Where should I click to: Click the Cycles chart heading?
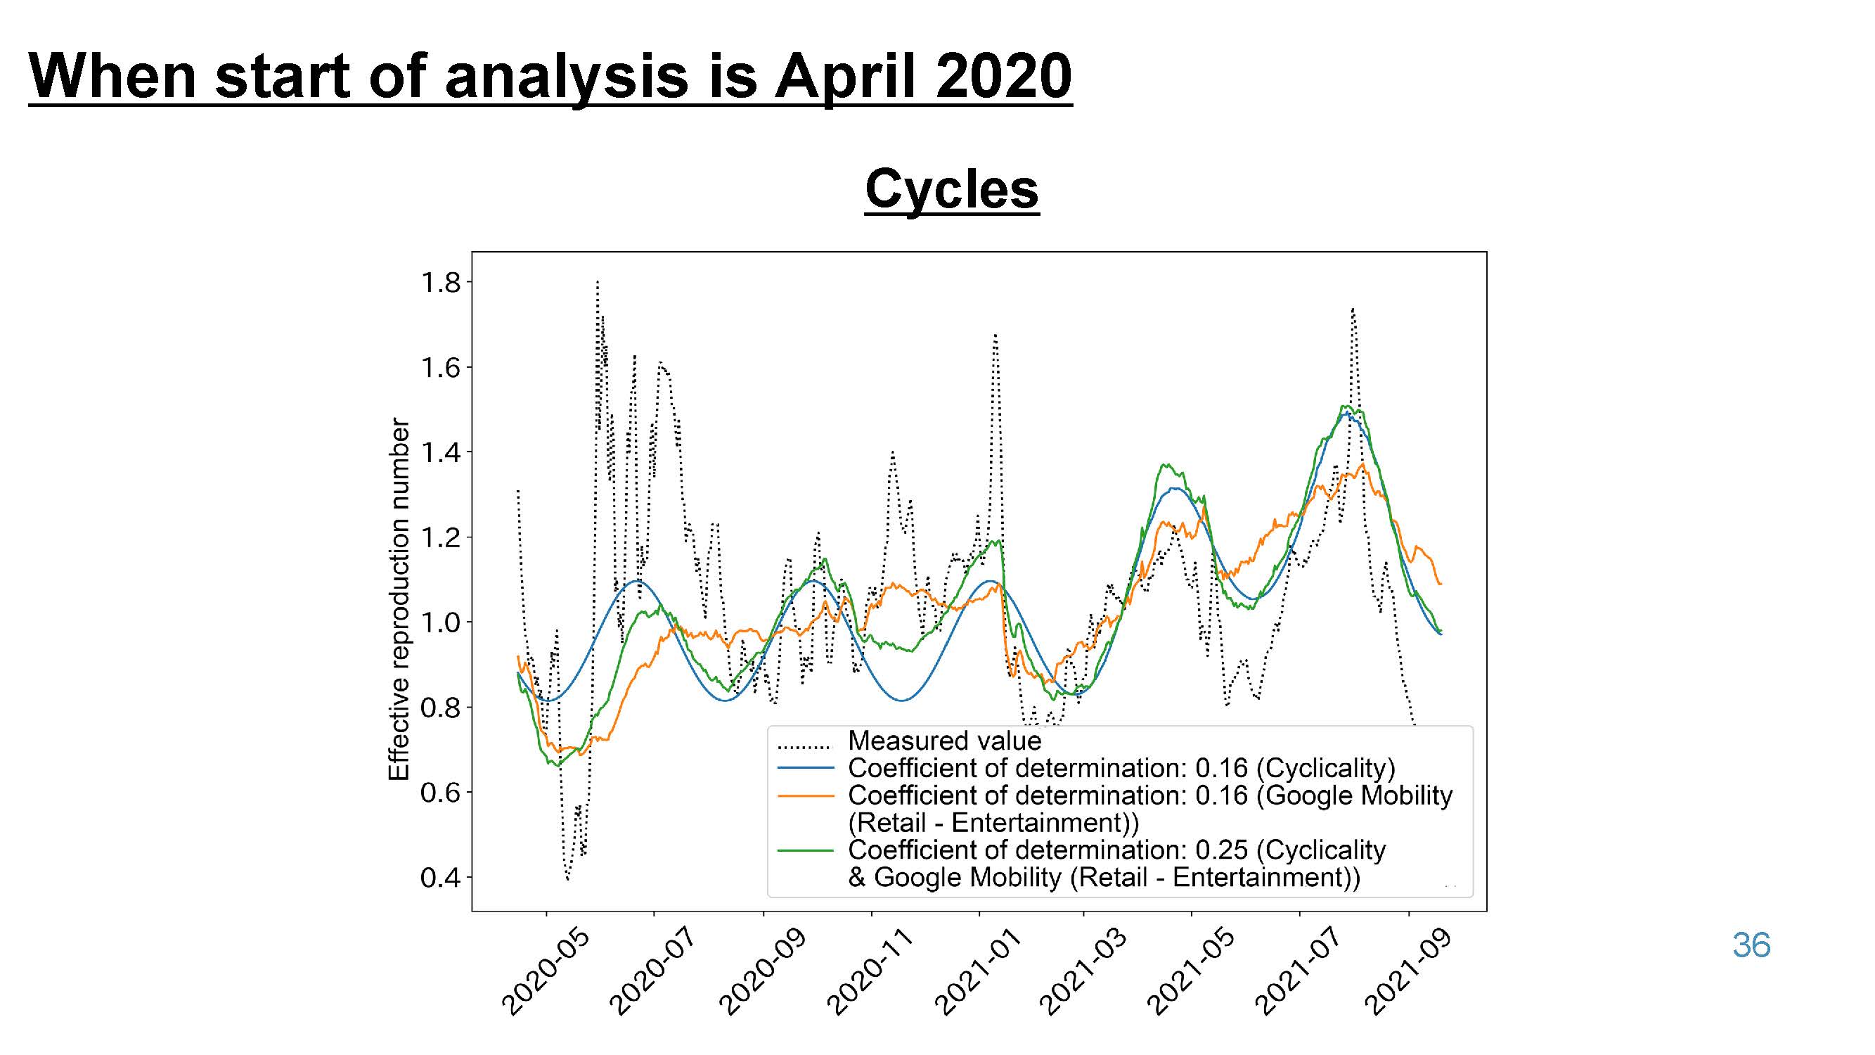tap(951, 189)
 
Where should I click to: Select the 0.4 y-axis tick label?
tap(441, 877)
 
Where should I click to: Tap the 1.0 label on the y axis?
tap(441, 622)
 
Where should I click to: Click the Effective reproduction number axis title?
tap(399, 599)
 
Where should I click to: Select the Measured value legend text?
tap(945, 741)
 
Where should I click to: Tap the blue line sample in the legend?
tap(805, 768)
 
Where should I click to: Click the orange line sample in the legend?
tap(805, 795)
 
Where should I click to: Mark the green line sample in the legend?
tap(805, 850)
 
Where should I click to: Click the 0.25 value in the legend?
tap(1221, 850)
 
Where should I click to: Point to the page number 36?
tap(1751, 945)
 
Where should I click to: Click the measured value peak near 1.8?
tap(597, 282)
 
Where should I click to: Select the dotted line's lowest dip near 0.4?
tap(567, 878)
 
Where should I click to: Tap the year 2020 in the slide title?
tap(1004, 76)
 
